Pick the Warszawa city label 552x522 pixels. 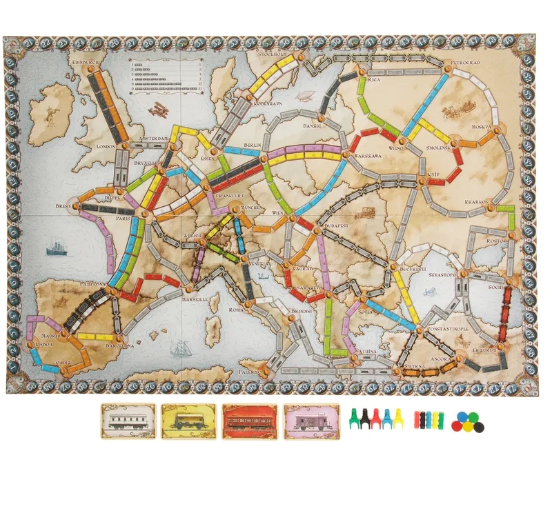[x=367, y=157]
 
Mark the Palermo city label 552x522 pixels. [x=246, y=371]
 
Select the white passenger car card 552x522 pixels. [x=128, y=421]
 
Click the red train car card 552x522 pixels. [x=250, y=421]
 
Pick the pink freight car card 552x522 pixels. [x=311, y=421]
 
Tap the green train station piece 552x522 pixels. [x=355, y=418]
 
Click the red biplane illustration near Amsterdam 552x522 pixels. [x=159, y=109]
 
